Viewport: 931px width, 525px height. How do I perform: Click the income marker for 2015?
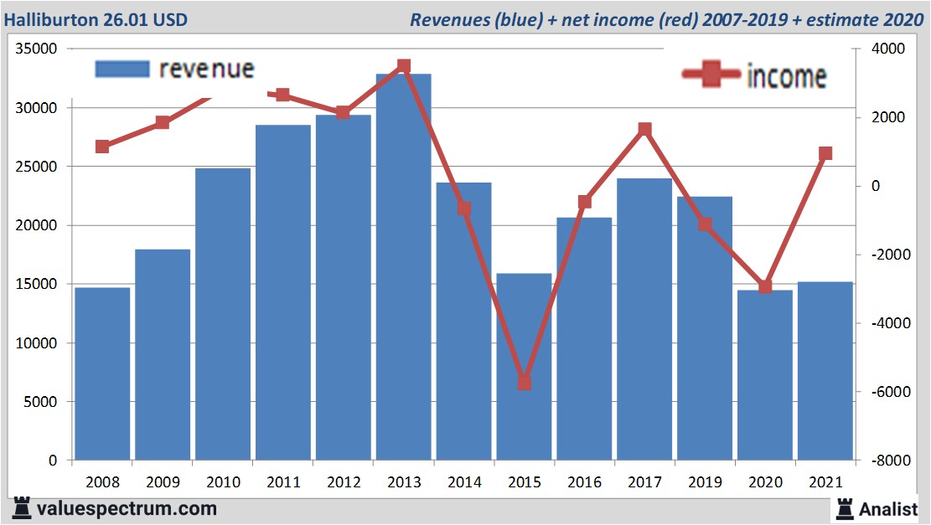(x=525, y=382)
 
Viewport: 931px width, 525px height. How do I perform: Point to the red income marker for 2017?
(x=644, y=130)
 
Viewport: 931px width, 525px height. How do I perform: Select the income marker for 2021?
(x=825, y=153)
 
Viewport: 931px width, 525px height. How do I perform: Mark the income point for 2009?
(x=163, y=123)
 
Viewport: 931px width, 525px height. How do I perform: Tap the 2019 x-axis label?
(x=705, y=482)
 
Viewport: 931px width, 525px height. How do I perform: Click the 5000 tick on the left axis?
(x=39, y=402)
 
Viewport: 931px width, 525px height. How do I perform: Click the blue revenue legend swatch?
(x=122, y=69)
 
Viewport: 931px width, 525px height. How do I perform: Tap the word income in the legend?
(x=786, y=76)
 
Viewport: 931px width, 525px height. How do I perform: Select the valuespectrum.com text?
(x=127, y=508)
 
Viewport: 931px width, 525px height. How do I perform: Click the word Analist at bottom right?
(x=888, y=508)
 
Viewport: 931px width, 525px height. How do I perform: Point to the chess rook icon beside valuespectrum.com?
(x=23, y=507)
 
